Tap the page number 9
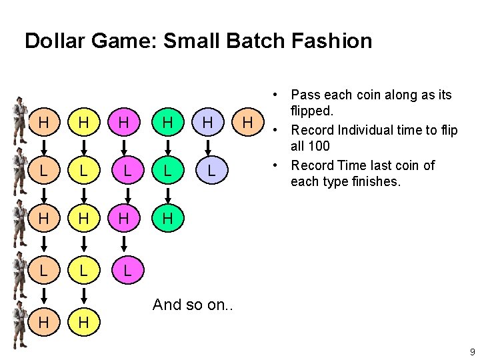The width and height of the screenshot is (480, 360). tap(471, 352)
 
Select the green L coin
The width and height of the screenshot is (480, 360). tap(168, 170)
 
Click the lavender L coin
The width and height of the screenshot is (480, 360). tap(210, 170)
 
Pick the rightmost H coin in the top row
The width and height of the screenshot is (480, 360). tap(248, 123)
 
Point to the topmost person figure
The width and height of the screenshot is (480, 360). tap(18, 121)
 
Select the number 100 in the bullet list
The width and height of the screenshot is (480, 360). tap(318, 146)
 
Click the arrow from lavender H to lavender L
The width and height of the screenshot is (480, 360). tap(210, 147)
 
